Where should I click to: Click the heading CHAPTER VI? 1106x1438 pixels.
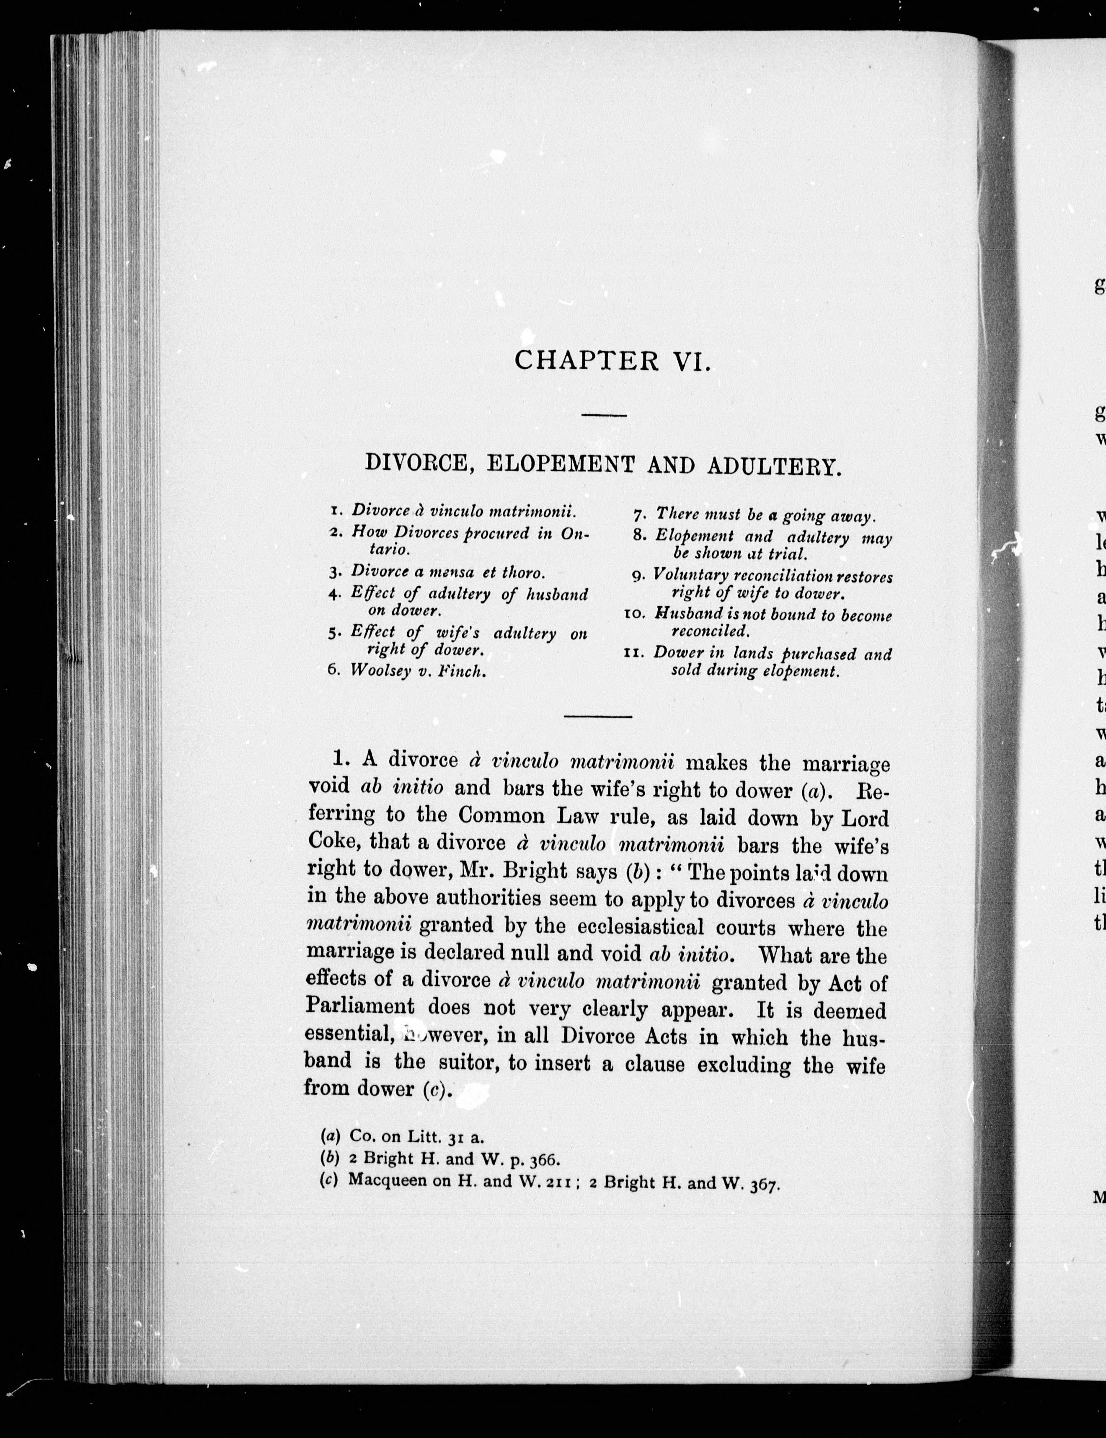point(612,361)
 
